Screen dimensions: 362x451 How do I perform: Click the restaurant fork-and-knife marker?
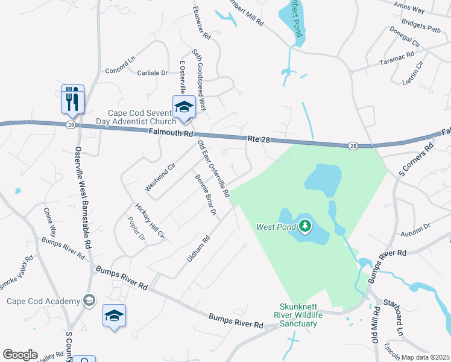72,98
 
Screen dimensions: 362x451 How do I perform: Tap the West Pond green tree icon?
306,226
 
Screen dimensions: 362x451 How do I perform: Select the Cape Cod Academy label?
43,301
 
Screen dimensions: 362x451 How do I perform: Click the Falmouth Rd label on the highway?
172,133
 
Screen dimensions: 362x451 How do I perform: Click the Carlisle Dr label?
151,72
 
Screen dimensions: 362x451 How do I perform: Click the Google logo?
20,355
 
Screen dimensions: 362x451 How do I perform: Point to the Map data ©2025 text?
425,357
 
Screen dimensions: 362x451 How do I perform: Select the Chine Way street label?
49,222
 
